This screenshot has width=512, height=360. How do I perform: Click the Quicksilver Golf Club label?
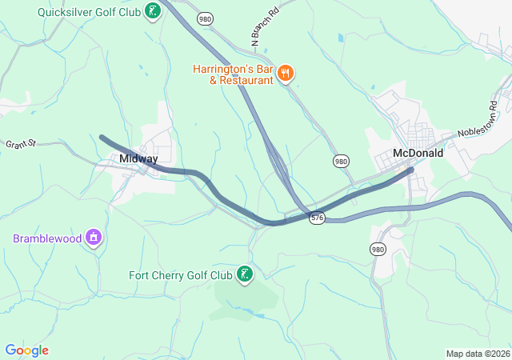pyautogui.click(x=89, y=12)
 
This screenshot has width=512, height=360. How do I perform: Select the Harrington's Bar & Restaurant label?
pyautogui.click(x=234, y=74)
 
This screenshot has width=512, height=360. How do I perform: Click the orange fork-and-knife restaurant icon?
pyautogui.click(x=286, y=74)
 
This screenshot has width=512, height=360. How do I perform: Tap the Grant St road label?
pyautogui.click(x=22, y=145)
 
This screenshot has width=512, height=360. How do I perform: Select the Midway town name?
pyautogui.click(x=138, y=158)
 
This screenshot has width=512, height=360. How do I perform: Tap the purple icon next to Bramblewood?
pyautogui.click(x=94, y=237)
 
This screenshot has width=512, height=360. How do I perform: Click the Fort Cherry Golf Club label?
pyautogui.click(x=181, y=276)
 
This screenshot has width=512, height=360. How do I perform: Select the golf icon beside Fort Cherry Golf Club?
pyautogui.click(x=244, y=276)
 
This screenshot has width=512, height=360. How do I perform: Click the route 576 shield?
pyautogui.click(x=318, y=218)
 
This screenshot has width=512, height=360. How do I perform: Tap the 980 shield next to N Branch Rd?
pyautogui.click(x=206, y=18)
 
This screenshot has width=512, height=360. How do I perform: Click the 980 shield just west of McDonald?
pyautogui.click(x=342, y=162)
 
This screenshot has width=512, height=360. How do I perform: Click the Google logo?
pyautogui.click(x=27, y=350)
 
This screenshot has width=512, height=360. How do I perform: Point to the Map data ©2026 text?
pyautogui.click(x=477, y=354)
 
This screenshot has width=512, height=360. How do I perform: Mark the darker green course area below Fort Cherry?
pyautogui.click(x=244, y=299)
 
